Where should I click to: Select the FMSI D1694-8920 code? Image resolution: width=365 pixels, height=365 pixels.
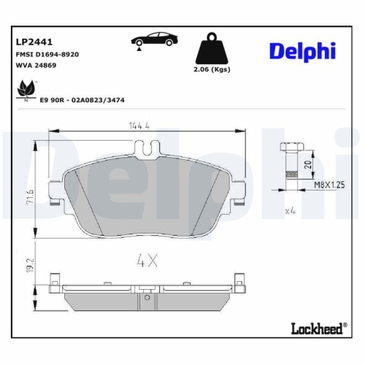click(47, 54)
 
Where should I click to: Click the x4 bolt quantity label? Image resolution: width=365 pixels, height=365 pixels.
click(291, 211)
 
